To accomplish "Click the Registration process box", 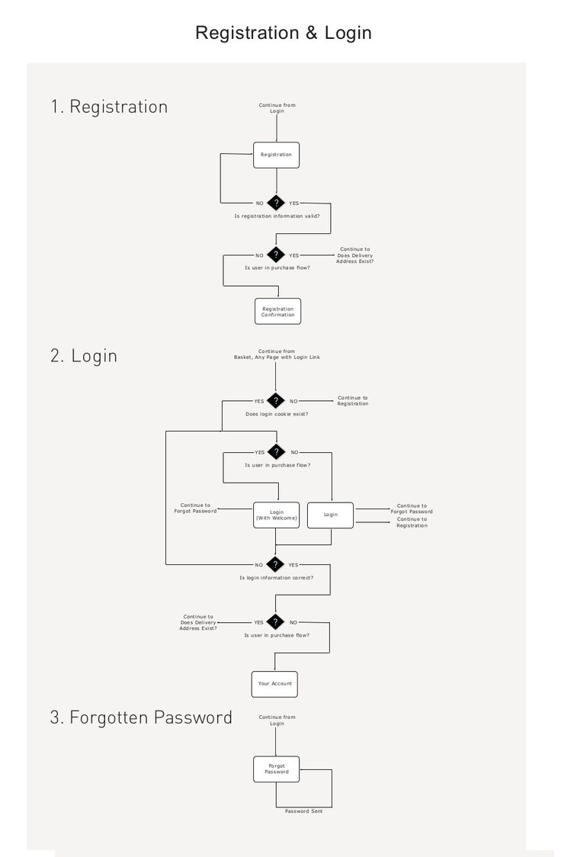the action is (x=277, y=156).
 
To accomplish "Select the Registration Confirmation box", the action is (x=277, y=312).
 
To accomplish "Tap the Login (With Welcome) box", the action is (x=277, y=515).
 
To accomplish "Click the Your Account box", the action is (x=274, y=684).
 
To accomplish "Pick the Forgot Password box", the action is (x=277, y=769).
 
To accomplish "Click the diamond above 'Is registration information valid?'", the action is (x=277, y=203).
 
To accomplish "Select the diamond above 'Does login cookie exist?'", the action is (x=276, y=400).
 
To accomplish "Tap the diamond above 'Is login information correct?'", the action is (x=275, y=564).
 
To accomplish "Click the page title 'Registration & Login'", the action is (x=284, y=33).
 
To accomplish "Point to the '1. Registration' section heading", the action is (x=109, y=107).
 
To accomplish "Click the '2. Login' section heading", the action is (x=84, y=356).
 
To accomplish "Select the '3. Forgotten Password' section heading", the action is (x=141, y=717).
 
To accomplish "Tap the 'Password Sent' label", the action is (x=303, y=811).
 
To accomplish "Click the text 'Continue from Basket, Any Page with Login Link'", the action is (x=277, y=355).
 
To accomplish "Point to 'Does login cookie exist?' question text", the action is (x=277, y=414).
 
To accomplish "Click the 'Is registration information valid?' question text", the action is (x=277, y=217).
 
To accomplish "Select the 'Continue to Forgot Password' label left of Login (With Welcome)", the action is (x=196, y=509).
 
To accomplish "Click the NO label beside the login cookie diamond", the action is (x=294, y=401).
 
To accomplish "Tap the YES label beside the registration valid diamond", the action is (x=294, y=204).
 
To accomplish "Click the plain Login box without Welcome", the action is (x=331, y=515).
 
